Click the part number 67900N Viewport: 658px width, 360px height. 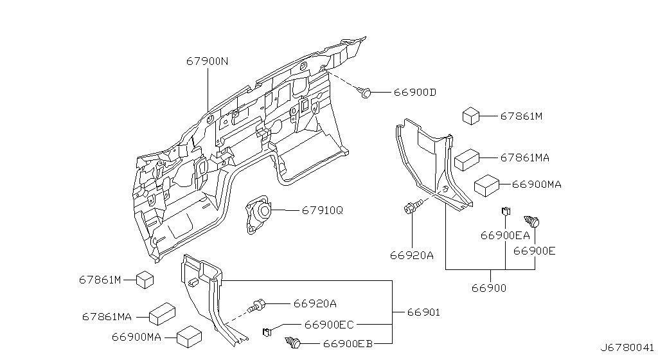coord(208,61)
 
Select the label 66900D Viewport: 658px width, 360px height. coord(414,93)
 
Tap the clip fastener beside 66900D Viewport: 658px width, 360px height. coord(364,93)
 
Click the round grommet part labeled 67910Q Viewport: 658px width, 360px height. coord(258,213)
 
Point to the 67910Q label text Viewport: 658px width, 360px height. coord(323,210)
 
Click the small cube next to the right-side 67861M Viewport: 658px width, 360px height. coord(471,116)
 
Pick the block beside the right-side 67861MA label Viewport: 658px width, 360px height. coord(467,160)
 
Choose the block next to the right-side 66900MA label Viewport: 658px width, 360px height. coord(487,185)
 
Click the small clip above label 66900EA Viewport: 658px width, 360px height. coord(506,211)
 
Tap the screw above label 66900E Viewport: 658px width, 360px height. coord(531,221)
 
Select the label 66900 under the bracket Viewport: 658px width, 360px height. coord(489,288)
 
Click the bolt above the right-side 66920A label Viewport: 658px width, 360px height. coord(411,207)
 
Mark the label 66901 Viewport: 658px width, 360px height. coord(423,312)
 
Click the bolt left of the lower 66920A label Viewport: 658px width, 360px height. coord(256,305)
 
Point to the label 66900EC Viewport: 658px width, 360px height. coord(329,325)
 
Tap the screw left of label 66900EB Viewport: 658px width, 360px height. coord(293,343)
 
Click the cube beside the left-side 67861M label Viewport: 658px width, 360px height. coord(145,280)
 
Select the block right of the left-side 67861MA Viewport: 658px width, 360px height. coord(163,314)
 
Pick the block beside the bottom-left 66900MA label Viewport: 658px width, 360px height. coord(190,337)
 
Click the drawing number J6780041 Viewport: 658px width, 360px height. coord(627,348)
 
